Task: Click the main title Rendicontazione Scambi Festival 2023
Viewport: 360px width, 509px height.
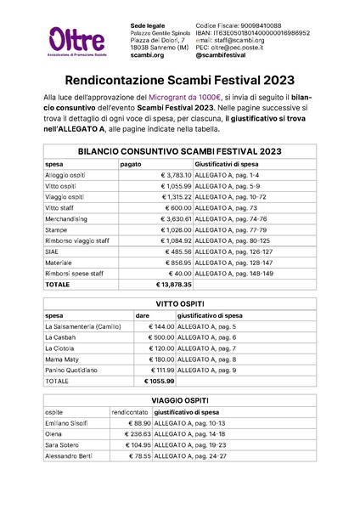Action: coord(179,81)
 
